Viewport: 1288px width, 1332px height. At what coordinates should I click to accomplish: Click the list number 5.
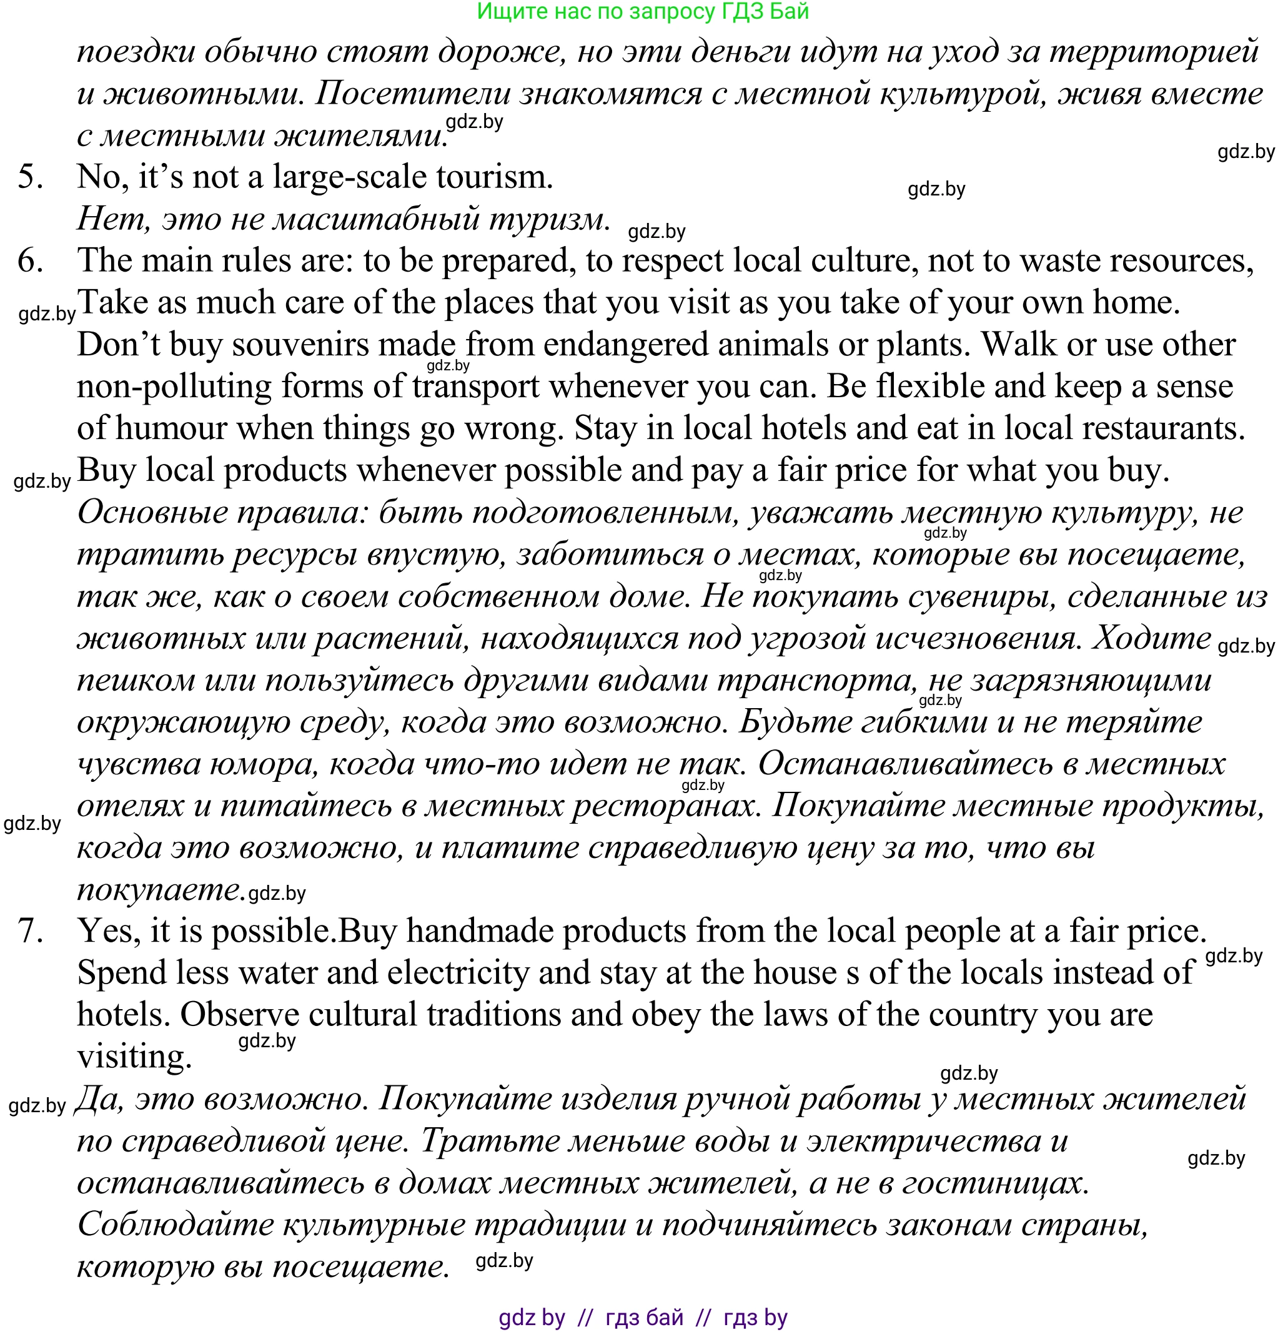[31, 178]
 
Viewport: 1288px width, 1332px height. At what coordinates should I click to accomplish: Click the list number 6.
[31, 262]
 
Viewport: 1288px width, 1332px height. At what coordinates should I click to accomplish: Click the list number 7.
[31, 932]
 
